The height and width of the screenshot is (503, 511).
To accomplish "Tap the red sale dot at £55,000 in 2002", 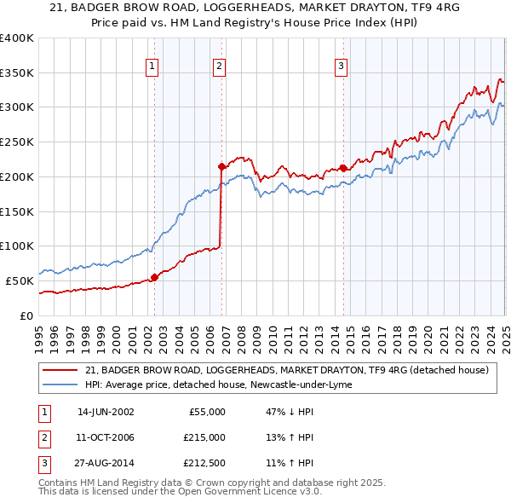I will [x=155, y=276].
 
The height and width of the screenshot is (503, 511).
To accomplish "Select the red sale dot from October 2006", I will [x=221, y=166].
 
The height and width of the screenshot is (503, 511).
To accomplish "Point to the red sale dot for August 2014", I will [x=343, y=168].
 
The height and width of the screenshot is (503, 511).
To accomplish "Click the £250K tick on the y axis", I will [x=16, y=142].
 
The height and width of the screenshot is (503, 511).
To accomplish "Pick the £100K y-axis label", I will [x=16, y=246].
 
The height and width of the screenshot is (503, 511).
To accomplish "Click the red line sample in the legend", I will [x=60, y=370].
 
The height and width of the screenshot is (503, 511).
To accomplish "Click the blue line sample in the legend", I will [x=60, y=384].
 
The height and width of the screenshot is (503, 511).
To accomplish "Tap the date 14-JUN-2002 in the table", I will [x=106, y=412].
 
